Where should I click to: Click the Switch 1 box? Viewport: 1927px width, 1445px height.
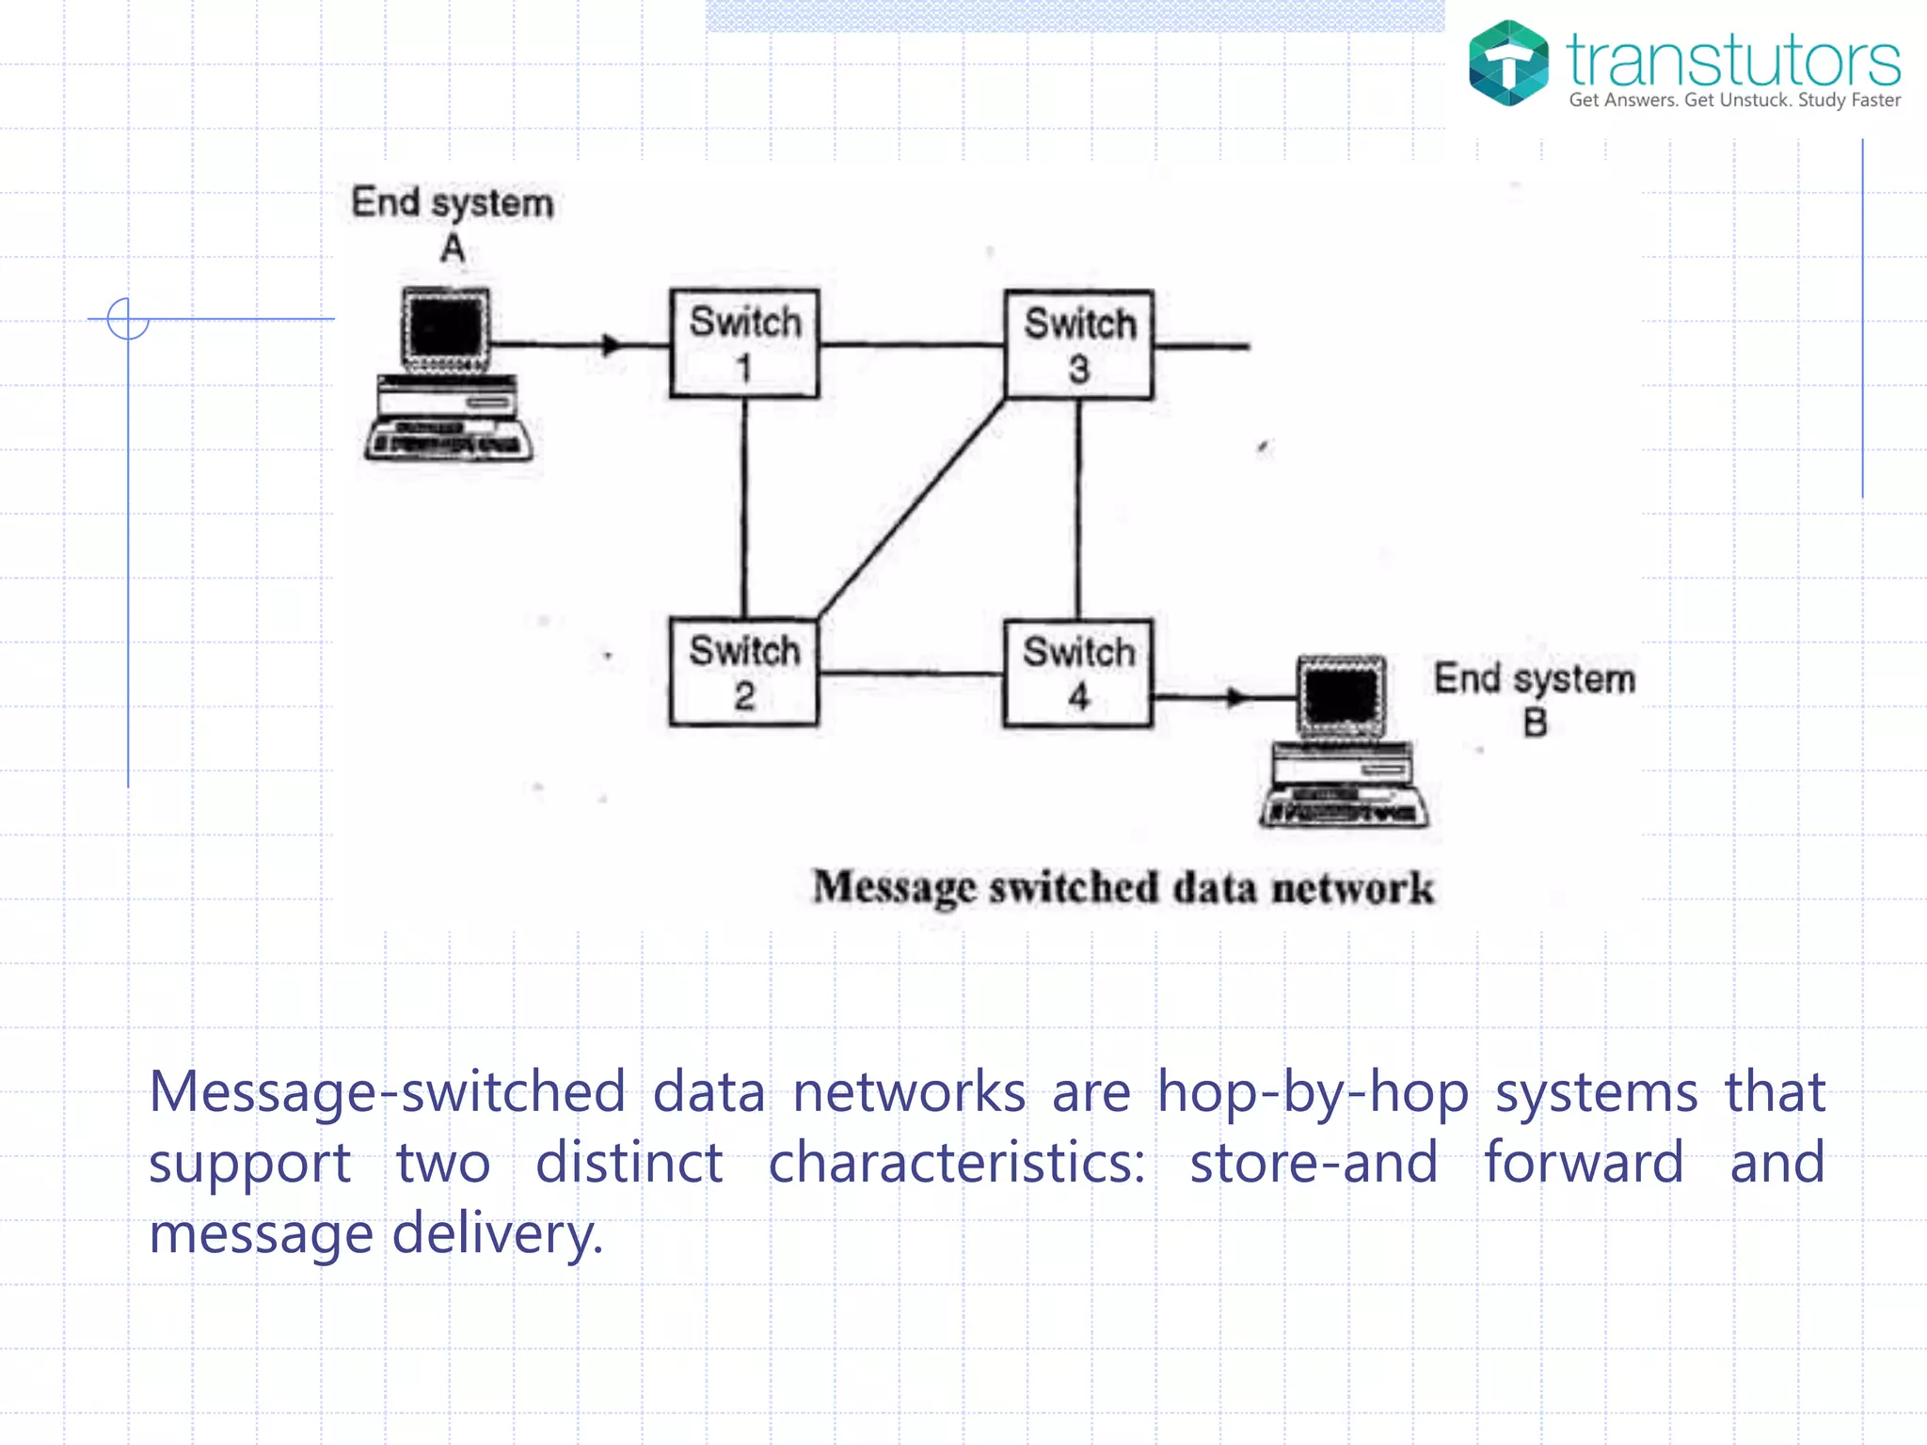pos(744,343)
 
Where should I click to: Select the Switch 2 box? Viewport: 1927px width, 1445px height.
pos(743,672)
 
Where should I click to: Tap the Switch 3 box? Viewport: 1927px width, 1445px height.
pos(1078,344)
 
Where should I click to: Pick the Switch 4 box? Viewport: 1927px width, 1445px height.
pos(1078,673)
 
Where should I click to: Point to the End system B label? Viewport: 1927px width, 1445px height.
pos(1534,698)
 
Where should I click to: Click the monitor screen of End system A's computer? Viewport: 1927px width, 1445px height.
pos(447,326)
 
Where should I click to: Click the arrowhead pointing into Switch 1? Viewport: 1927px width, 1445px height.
pos(612,344)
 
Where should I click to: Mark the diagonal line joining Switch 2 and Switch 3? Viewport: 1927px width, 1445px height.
pos(911,509)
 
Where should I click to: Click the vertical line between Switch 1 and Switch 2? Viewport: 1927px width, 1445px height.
pos(744,508)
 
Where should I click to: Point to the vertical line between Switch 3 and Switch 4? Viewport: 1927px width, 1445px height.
pos(1078,509)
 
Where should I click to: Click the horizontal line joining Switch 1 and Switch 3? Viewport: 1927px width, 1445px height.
pos(911,345)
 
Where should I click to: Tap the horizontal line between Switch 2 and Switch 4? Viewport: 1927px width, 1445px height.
pos(910,674)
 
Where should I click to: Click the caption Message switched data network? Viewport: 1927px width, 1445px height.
pos(1123,887)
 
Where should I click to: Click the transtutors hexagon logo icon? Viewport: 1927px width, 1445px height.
pos(1508,63)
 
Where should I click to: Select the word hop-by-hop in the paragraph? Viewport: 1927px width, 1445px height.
pos(1313,1093)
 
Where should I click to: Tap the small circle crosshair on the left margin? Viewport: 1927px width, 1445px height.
pos(128,319)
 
